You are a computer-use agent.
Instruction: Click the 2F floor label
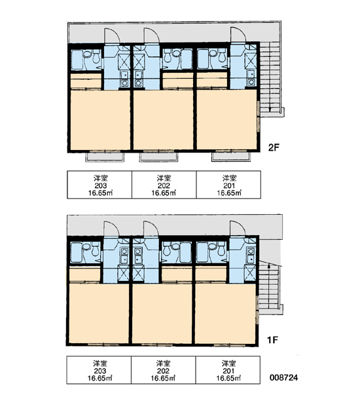(x=274, y=147)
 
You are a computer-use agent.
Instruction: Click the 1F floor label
(x=272, y=340)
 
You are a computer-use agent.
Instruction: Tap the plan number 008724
(x=283, y=378)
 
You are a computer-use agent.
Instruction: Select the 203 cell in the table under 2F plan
(x=99, y=185)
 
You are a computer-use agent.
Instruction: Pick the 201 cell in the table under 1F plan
(x=228, y=370)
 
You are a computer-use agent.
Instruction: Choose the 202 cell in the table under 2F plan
(x=164, y=185)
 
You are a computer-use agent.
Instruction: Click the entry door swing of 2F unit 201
(x=238, y=35)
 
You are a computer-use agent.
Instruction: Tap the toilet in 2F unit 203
(x=96, y=57)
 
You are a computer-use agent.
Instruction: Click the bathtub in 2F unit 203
(x=77, y=60)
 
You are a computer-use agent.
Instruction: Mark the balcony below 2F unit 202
(x=158, y=157)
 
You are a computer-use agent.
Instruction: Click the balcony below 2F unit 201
(x=231, y=157)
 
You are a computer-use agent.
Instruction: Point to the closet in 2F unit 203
(x=86, y=81)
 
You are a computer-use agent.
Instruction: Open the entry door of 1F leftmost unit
(x=111, y=229)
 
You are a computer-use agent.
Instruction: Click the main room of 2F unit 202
(x=163, y=120)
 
